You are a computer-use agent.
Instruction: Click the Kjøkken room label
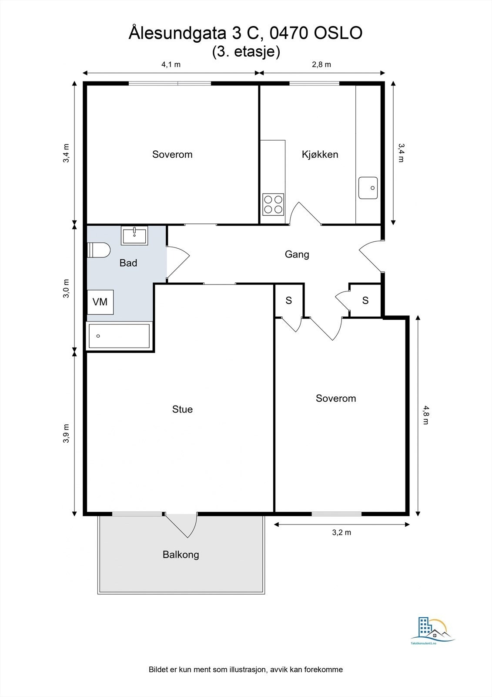(x=320, y=154)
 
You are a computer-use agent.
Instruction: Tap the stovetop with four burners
(x=273, y=204)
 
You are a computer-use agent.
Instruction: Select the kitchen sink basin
(x=368, y=188)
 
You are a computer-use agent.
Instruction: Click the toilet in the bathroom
(x=99, y=250)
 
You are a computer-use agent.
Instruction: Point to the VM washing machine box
(x=100, y=302)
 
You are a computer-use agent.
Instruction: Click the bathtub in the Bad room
(x=119, y=336)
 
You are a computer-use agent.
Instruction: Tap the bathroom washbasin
(x=134, y=235)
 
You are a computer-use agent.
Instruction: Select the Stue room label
(x=182, y=409)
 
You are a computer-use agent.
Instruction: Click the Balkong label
(x=181, y=555)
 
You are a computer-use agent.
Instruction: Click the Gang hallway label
(x=297, y=254)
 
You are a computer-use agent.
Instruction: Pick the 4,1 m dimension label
(x=171, y=64)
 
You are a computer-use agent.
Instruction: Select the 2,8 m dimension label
(x=321, y=64)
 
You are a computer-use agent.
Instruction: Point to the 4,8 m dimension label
(x=425, y=415)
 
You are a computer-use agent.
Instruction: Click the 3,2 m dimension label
(x=341, y=532)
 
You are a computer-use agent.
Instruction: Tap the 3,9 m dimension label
(x=66, y=433)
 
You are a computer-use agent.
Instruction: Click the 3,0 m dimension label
(x=66, y=288)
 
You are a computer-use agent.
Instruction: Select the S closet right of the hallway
(x=365, y=300)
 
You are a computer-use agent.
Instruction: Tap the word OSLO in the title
(x=338, y=34)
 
